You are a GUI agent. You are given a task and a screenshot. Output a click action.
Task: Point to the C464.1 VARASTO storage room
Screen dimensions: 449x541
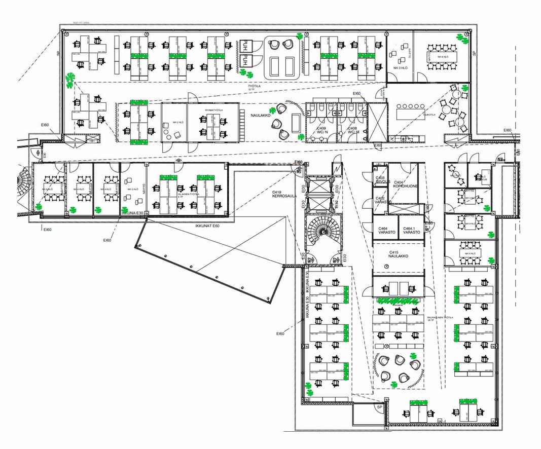click(x=411, y=231)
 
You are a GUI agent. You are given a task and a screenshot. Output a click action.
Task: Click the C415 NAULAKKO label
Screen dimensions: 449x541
click(x=398, y=254)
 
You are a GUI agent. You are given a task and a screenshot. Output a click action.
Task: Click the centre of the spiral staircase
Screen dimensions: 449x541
click(x=323, y=235)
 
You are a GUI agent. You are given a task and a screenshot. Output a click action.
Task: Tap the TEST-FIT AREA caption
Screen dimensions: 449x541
click(x=81, y=23)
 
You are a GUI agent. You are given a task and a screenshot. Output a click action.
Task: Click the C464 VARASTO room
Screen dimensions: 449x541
click(x=385, y=231)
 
